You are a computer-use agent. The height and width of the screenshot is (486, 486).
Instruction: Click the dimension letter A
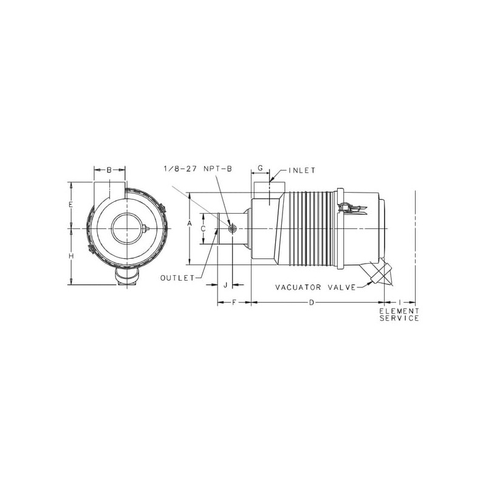[190, 223]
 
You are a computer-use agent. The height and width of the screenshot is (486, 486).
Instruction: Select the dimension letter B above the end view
[109, 170]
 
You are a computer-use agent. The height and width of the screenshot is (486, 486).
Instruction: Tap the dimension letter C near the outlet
[204, 229]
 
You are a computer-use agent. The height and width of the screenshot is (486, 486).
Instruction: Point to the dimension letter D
[312, 302]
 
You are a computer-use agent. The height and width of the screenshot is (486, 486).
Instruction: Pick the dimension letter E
[71, 205]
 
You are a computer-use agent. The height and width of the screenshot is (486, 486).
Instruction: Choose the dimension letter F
[234, 302]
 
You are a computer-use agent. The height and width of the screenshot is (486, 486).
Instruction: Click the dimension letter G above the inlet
[261, 168]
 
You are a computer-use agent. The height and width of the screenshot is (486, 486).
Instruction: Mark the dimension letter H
[71, 256]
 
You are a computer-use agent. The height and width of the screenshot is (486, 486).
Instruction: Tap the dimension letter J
[225, 285]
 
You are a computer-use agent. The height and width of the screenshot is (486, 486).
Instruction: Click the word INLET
[302, 171]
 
